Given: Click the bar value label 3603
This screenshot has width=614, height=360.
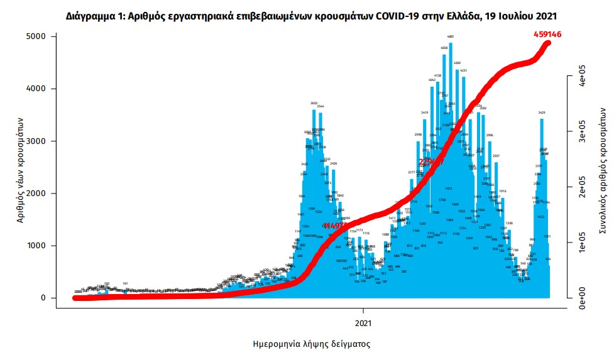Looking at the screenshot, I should (x=314, y=104).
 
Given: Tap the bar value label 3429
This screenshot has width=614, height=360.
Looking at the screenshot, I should (x=542, y=112).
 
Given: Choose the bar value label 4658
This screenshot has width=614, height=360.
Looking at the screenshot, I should (x=444, y=48).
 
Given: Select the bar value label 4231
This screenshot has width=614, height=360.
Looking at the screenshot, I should (x=463, y=71).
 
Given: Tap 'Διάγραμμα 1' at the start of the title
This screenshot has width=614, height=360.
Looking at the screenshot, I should (x=94, y=14).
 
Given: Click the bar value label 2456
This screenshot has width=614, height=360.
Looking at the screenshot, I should (x=334, y=163).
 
